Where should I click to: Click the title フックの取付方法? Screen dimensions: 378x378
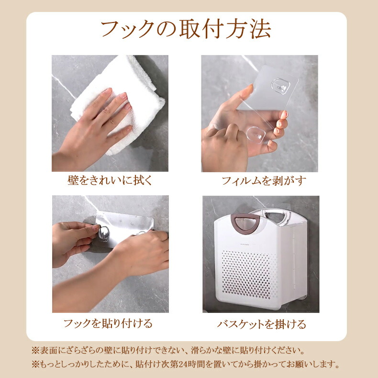click(x=186, y=29)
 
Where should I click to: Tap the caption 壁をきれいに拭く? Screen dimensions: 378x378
click(x=110, y=180)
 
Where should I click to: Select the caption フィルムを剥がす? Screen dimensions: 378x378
click(x=264, y=181)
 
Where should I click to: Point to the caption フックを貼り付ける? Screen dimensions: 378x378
click(x=108, y=323)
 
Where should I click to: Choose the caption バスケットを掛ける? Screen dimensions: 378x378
click(x=262, y=324)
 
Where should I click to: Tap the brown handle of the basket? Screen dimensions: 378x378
click(x=245, y=222)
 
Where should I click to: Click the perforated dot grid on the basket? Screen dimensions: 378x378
click(x=249, y=275)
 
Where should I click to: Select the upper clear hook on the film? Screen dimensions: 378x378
click(x=280, y=86)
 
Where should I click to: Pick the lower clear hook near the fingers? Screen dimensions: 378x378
click(x=256, y=135)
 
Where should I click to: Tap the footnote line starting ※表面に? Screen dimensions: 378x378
click(x=168, y=350)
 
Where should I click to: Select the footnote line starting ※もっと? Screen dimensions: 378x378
click(x=186, y=364)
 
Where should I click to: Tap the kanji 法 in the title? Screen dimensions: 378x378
click(x=261, y=29)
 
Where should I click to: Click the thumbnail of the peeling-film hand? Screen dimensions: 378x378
click(x=260, y=113)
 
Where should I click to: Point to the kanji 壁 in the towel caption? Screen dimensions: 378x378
click(x=73, y=180)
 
